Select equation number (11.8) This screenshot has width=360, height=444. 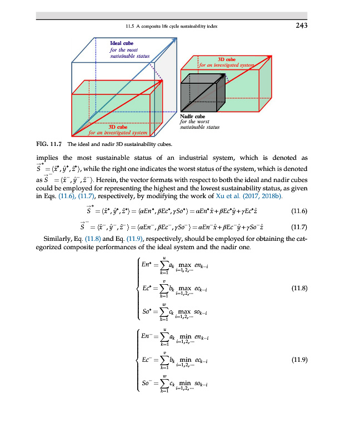(299, 288)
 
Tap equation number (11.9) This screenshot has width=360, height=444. (299, 360)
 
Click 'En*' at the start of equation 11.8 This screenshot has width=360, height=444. (147, 269)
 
